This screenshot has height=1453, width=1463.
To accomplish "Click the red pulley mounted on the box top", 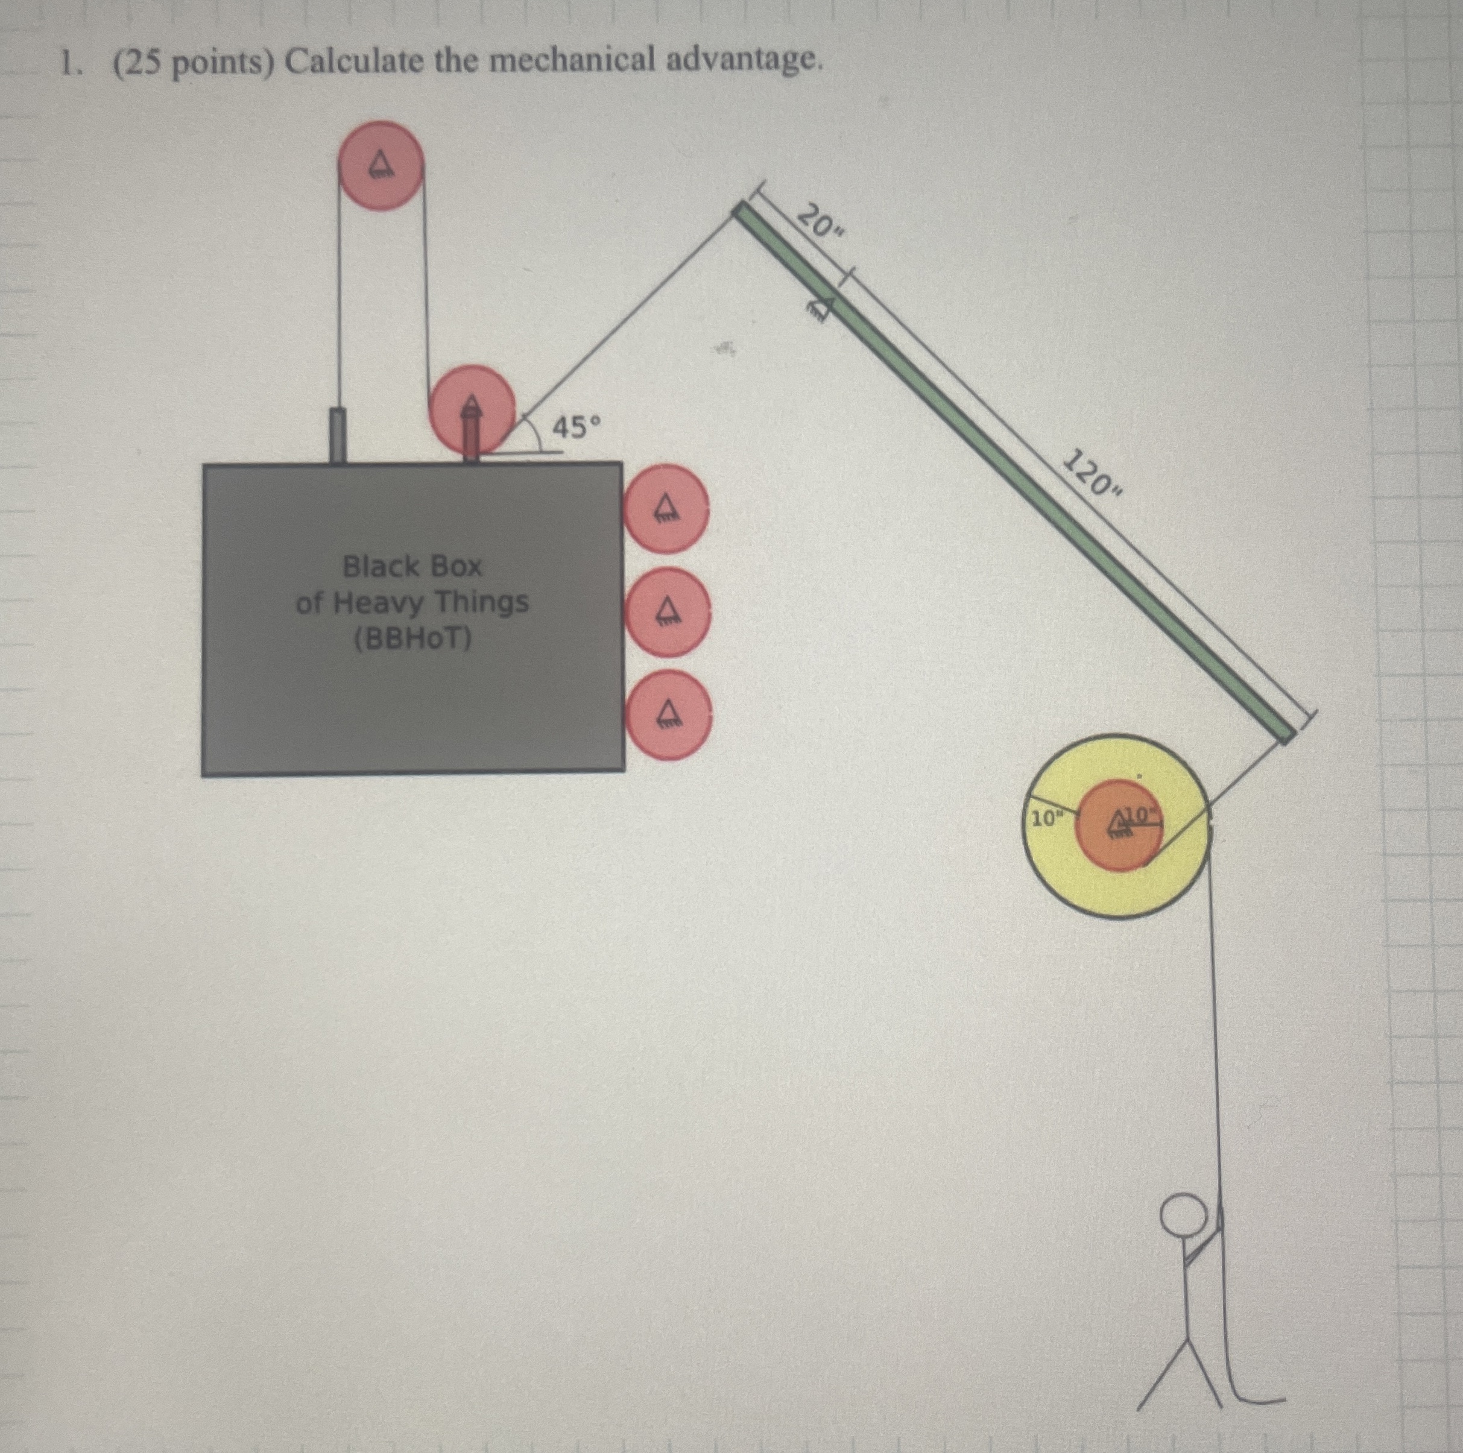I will click(x=472, y=409).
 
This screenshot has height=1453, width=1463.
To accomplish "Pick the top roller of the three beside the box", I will click(x=666, y=508).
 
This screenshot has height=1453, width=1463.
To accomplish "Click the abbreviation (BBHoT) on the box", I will click(x=412, y=640).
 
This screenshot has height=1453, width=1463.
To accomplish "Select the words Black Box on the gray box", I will click(x=412, y=566).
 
